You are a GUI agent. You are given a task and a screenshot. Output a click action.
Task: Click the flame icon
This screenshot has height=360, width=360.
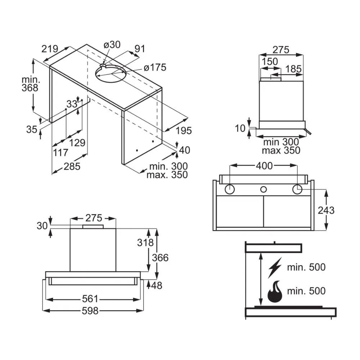(x=275, y=292)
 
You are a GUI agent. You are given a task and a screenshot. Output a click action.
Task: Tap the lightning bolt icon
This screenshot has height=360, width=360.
(x=275, y=268)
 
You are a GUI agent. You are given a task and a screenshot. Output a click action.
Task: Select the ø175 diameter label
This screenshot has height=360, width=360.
(x=155, y=68)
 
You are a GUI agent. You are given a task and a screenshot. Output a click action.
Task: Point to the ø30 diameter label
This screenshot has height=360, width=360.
(x=112, y=45)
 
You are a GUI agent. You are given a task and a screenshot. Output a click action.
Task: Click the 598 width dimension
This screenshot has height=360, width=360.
(x=90, y=311)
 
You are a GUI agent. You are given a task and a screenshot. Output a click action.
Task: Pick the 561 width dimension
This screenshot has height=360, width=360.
(x=90, y=299)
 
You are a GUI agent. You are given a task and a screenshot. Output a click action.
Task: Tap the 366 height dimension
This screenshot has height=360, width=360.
(x=160, y=258)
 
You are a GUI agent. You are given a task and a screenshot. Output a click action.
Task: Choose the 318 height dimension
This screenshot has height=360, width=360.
(x=145, y=242)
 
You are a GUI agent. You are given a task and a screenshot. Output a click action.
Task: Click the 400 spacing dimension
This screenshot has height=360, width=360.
(x=264, y=166)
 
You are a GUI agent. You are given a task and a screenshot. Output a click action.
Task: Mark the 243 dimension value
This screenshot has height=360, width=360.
(x=326, y=210)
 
